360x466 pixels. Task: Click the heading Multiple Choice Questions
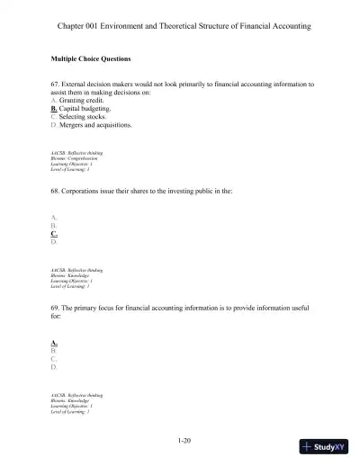[91, 58]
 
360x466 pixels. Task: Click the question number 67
[56, 84]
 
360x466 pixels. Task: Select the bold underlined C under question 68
[54, 234]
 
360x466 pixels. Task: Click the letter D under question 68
[54, 242]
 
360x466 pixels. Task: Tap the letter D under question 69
[54, 367]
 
